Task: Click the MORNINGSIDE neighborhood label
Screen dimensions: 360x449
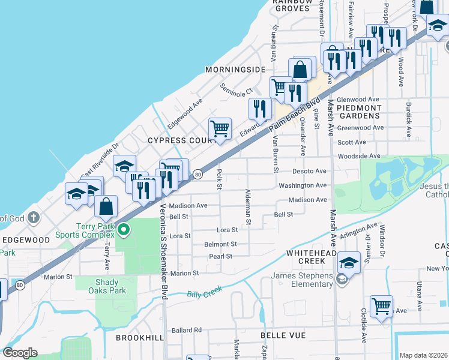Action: (x=235, y=70)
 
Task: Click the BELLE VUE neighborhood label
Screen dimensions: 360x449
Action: (x=283, y=335)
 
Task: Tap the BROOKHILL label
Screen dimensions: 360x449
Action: (x=139, y=338)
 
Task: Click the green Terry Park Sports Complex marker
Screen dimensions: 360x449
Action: (x=124, y=229)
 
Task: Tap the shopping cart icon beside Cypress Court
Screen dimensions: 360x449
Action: (x=220, y=128)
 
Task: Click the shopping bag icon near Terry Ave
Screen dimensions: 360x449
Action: (x=106, y=206)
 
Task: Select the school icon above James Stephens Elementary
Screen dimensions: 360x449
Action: (x=349, y=262)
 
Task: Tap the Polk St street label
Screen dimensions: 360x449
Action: (x=219, y=178)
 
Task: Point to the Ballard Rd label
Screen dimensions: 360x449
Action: (x=186, y=330)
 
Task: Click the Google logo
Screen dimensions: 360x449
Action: (x=20, y=353)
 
